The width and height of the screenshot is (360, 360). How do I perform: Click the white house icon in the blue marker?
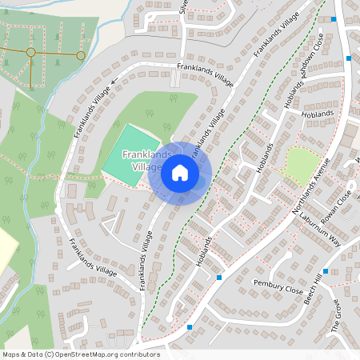(180, 172)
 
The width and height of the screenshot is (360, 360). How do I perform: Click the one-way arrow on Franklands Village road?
(114, 81)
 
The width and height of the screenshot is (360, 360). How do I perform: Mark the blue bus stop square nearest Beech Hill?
(325, 271)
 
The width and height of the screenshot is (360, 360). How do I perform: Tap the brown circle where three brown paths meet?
(30, 52)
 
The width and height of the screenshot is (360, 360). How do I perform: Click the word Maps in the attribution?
(11, 354)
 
